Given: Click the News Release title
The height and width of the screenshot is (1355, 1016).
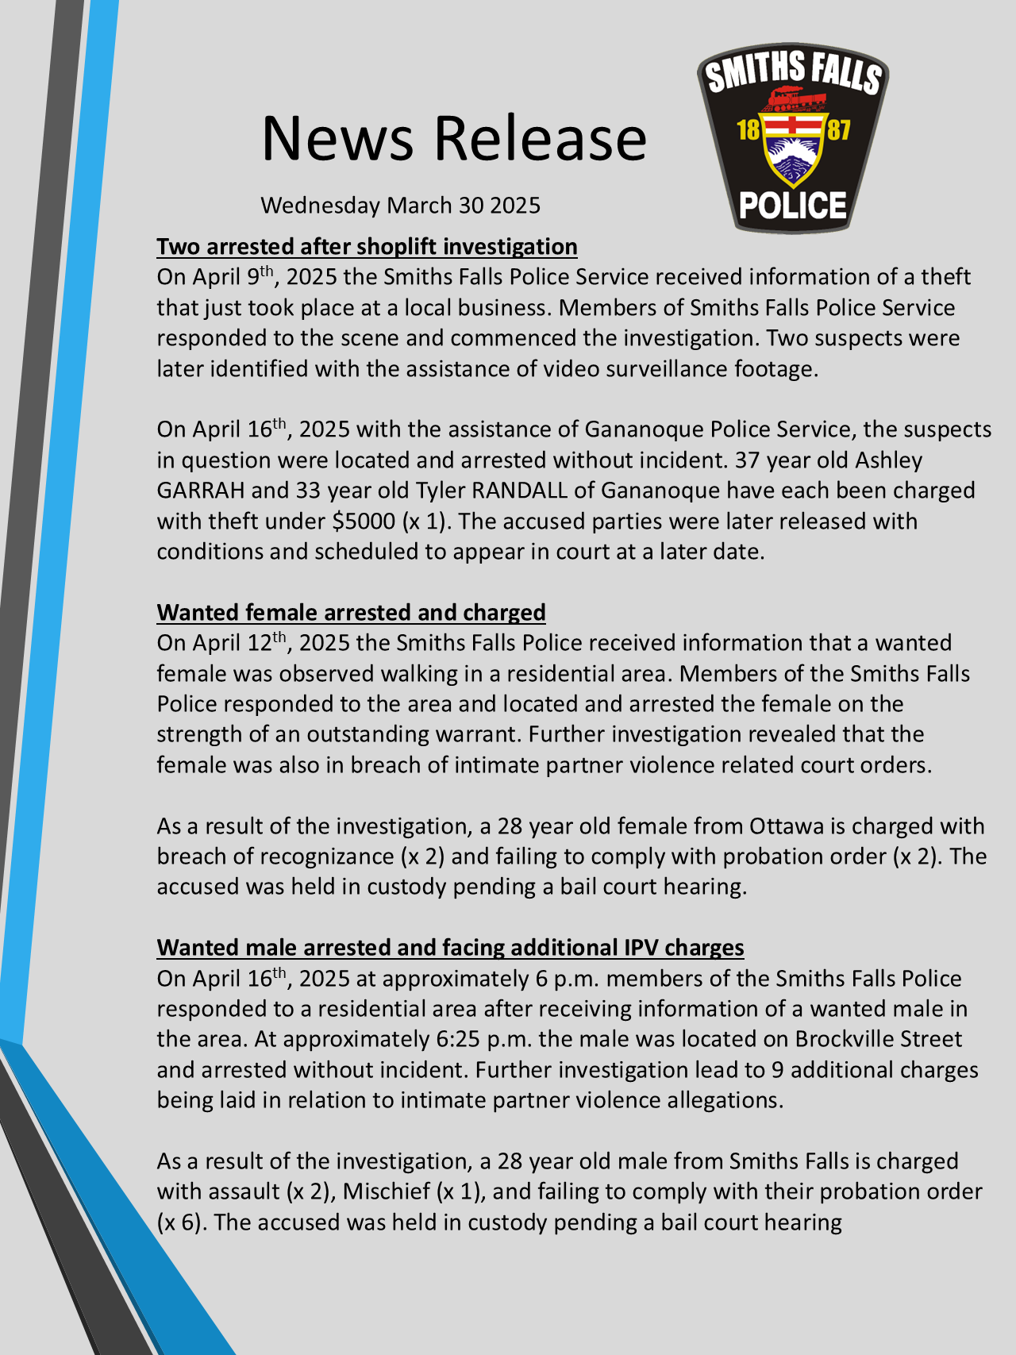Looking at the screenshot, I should [454, 138].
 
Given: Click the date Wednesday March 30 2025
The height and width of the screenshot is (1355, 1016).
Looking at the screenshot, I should [400, 206].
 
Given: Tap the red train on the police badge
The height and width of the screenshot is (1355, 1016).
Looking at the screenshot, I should [793, 98].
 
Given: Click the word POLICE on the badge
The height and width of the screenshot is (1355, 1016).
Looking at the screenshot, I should [792, 206].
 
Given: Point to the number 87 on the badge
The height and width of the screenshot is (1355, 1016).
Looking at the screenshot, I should [838, 129].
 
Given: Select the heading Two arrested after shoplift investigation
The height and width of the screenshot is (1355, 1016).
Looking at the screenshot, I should [367, 247].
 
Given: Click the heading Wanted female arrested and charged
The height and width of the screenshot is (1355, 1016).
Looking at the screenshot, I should [351, 613].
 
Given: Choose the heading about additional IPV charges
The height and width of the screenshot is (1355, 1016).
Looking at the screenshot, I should [450, 948].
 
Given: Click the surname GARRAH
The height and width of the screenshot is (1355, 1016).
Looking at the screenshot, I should [200, 491].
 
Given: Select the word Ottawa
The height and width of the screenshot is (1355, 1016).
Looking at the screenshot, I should [787, 826].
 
